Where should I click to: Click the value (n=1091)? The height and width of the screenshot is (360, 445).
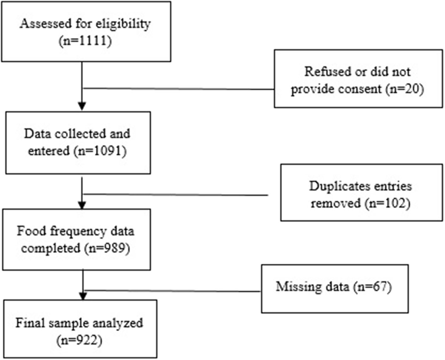click(x=100, y=151)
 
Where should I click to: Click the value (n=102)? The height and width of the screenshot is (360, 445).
click(x=387, y=203)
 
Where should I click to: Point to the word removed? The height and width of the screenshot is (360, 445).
click(x=336, y=203)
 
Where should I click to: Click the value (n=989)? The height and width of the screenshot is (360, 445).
click(x=107, y=248)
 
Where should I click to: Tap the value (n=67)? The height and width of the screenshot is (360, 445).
click(x=372, y=286)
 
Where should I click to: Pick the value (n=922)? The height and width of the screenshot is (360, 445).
click(x=79, y=340)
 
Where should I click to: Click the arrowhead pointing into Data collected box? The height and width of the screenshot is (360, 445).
click(x=82, y=106)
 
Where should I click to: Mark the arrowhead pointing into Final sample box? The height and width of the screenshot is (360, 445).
click(x=83, y=296)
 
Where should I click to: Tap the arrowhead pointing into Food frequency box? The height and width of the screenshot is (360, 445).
click(x=82, y=205)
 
